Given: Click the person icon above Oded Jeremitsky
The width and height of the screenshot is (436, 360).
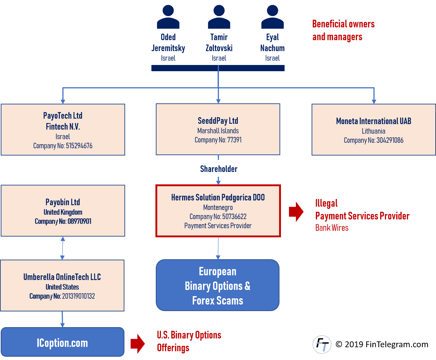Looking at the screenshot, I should (x=168, y=17).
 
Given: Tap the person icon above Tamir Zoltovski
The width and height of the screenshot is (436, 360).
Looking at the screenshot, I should (x=219, y=17).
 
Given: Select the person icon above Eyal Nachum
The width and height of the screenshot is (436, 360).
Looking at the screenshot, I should (x=272, y=17).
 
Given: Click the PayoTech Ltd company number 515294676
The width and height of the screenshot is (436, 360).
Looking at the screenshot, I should (x=63, y=146).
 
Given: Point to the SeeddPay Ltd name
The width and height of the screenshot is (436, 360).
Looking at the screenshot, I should (x=218, y=121).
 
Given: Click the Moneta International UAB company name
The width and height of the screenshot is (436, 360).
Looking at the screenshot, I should (x=373, y=121).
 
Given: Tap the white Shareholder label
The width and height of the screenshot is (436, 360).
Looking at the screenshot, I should (x=219, y=169).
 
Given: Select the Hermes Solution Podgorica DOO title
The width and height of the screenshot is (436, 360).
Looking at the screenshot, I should (x=218, y=198).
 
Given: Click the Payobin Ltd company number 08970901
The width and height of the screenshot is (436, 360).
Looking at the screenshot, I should (x=63, y=221).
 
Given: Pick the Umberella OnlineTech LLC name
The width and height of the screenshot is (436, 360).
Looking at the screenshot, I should (x=62, y=277).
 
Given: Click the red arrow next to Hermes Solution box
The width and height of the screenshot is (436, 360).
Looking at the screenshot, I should (x=296, y=211).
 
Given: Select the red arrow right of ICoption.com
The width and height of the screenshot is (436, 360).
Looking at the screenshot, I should (x=138, y=344).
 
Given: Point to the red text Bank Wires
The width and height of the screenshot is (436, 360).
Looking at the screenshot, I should (x=332, y=228).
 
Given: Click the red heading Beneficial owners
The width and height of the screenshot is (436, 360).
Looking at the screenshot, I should (x=343, y=24).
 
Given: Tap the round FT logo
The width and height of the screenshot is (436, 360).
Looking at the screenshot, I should (x=322, y=344).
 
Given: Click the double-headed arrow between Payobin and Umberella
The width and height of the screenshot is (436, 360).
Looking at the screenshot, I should (x=62, y=248).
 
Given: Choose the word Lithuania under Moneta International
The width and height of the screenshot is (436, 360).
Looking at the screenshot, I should (x=373, y=131).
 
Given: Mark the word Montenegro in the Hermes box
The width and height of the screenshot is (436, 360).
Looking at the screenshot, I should (x=218, y=207).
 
